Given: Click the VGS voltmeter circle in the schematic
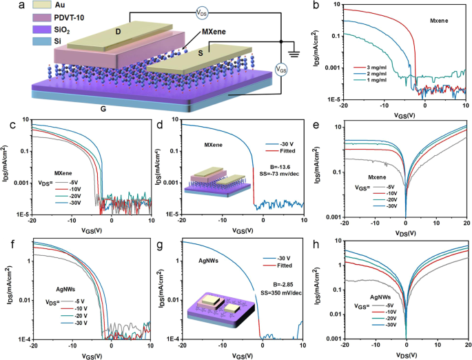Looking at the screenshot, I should click(x=281, y=69).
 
